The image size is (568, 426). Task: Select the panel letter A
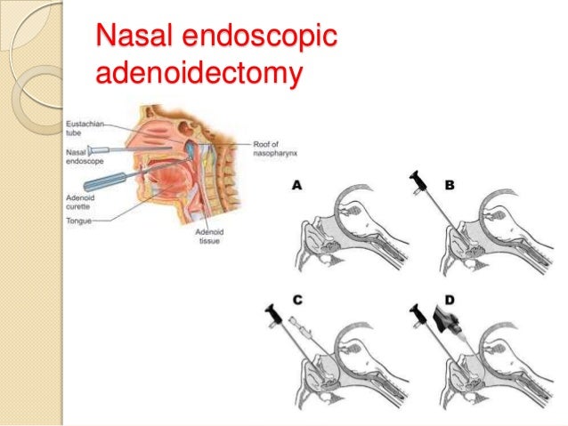tap(296, 185)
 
